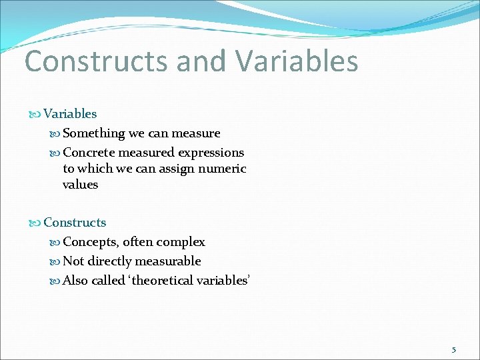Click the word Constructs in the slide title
[x=96, y=61]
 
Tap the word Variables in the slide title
[x=297, y=61]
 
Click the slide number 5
[x=454, y=349]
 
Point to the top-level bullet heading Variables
[x=70, y=114]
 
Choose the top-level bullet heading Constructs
[x=75, y=223]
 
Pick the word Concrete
[x=89, y=153]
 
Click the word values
[x=80, y=185]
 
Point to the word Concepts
[x=90, y=242]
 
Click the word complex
[x=181, y=242]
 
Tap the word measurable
[x=172, y=261]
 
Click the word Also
[x=75, y=281]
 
